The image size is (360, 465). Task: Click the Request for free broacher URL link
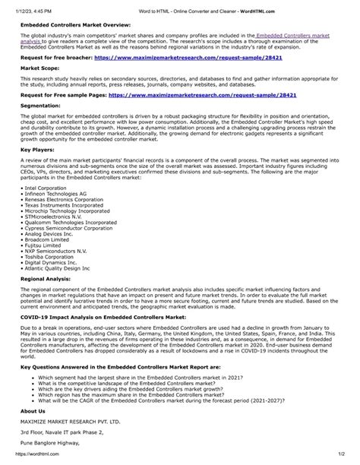coord(199,57)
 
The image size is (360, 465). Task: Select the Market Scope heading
coord(41,68)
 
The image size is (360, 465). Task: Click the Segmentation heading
coord(43,106)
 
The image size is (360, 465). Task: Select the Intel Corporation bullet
coord(47,187)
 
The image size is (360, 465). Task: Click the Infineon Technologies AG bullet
coord(55,194)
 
